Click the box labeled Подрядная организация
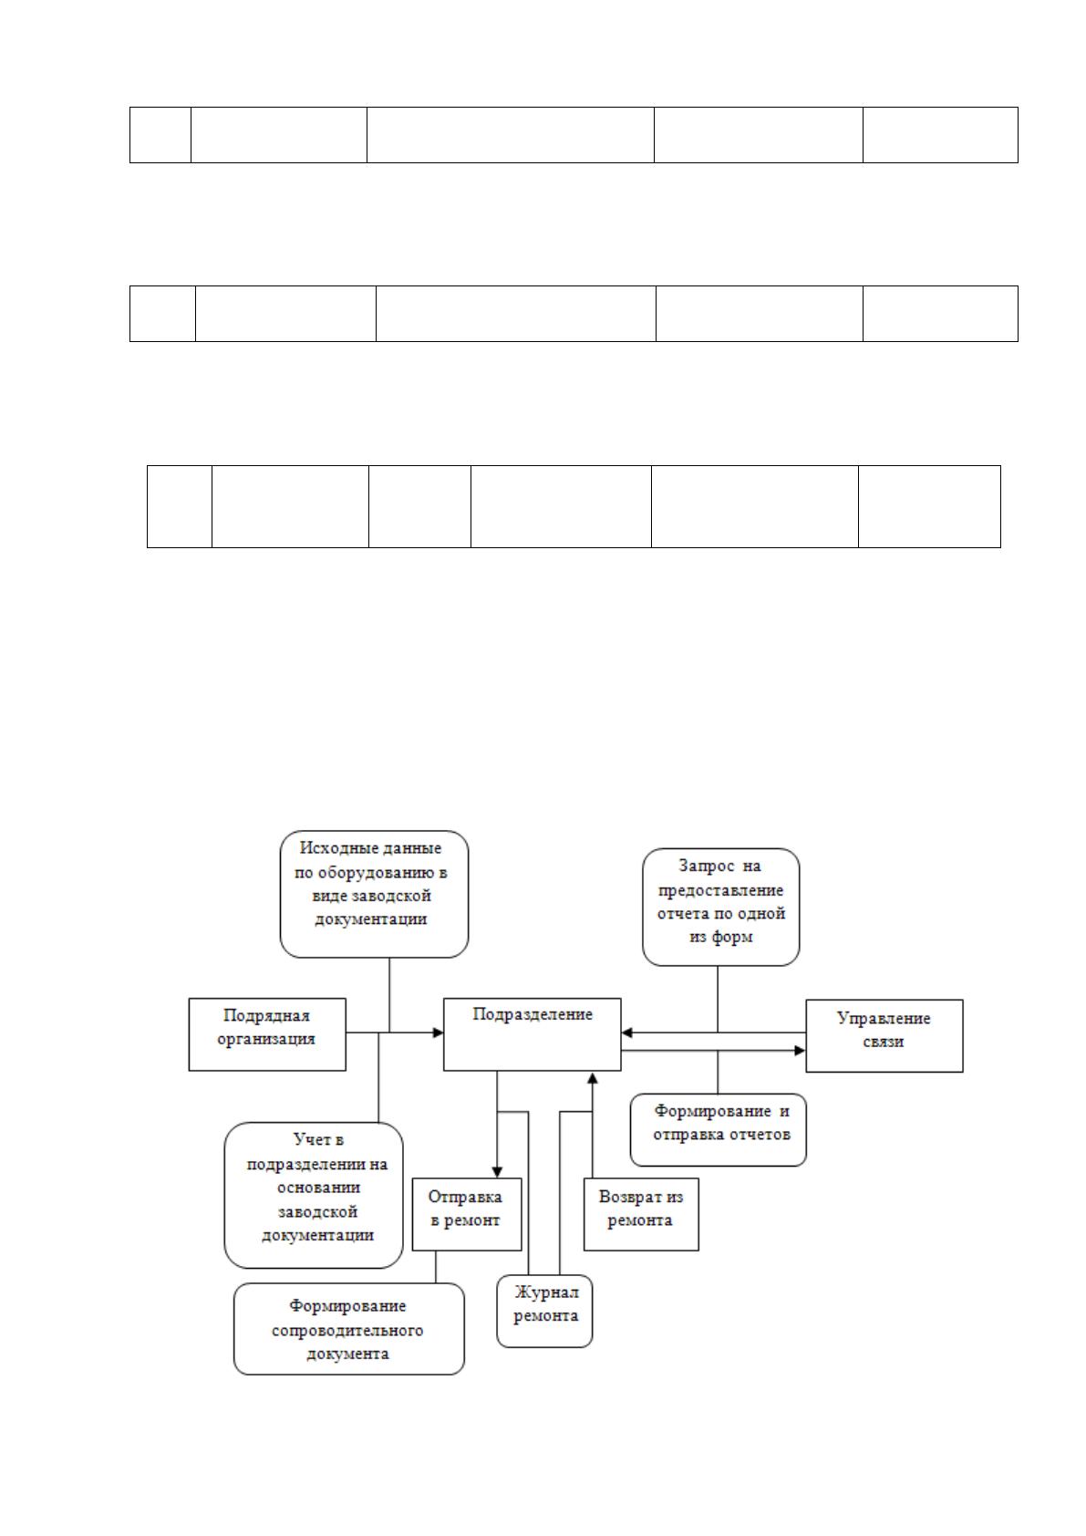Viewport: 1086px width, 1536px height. pyautogui.click(x=266, y=1034)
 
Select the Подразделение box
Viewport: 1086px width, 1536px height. pyautogui.click(x=532, y=1034)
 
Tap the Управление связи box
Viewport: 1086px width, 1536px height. pyautogui.click(x=884, y=1035)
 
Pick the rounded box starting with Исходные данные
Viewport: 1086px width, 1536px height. pyautogui.click(x=375, y=894)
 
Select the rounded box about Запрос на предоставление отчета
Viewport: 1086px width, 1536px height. pyautogui.click(x=720, y=907)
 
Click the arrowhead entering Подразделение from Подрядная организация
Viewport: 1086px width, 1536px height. pyautogui.click(x=438, y=1032)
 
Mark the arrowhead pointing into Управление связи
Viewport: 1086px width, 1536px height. pyautogui.click(x=800, y=1051)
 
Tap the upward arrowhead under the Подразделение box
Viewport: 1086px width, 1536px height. pyautogui.click(x=593, y=1077)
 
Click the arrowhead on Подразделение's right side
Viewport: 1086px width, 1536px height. pyautogui.click(x=626, y=1032)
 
